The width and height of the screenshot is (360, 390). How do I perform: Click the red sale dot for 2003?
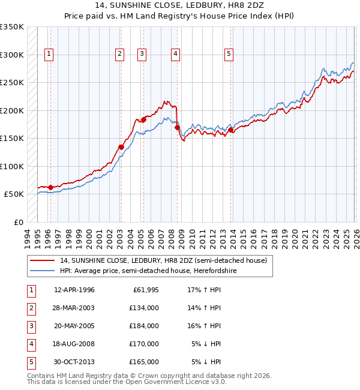121,147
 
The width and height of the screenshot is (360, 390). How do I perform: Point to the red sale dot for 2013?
231,130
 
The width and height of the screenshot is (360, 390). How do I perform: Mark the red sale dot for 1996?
50,187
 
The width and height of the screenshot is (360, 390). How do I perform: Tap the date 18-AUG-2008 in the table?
74,344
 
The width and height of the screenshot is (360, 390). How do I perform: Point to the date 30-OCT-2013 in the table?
74,362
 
